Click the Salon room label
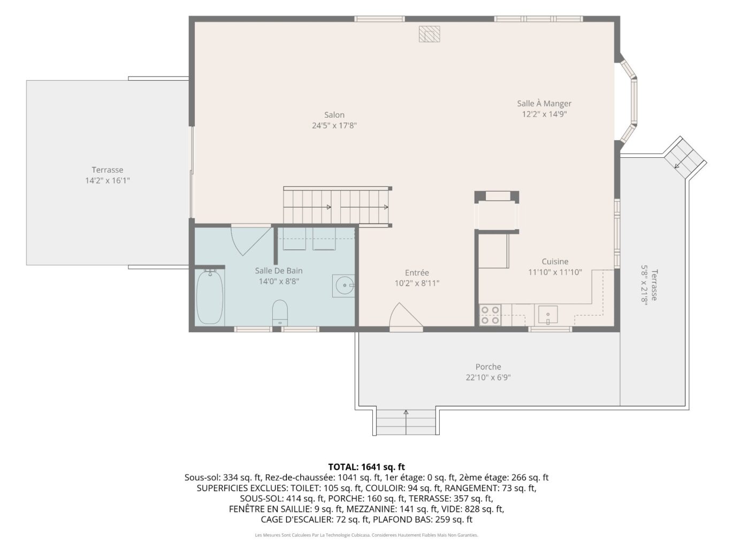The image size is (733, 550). click(x=334, y=115)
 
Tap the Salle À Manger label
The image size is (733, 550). click(x=544, y=103)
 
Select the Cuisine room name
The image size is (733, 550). click(x=555, y=262)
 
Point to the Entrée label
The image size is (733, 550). click(x=417, y=272)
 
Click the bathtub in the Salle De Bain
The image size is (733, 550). click(x=209, y=297)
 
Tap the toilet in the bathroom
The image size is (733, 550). click(x=280, y=312)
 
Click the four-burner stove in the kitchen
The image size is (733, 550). click(x=490, y=315)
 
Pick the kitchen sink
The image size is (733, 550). click(x=548, y=315)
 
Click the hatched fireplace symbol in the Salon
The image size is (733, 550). click(x=429, y=34)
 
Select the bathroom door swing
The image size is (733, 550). click(x=250, y=240)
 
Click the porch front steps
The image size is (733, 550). click(x=406, y=422)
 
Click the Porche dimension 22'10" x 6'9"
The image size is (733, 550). click(x=488, y=377)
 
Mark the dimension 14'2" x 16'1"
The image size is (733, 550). click(x=107, y=181)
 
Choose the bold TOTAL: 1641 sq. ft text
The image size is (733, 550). click(x=366, y=467)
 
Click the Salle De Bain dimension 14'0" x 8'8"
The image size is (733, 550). click(x=279, y=281)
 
